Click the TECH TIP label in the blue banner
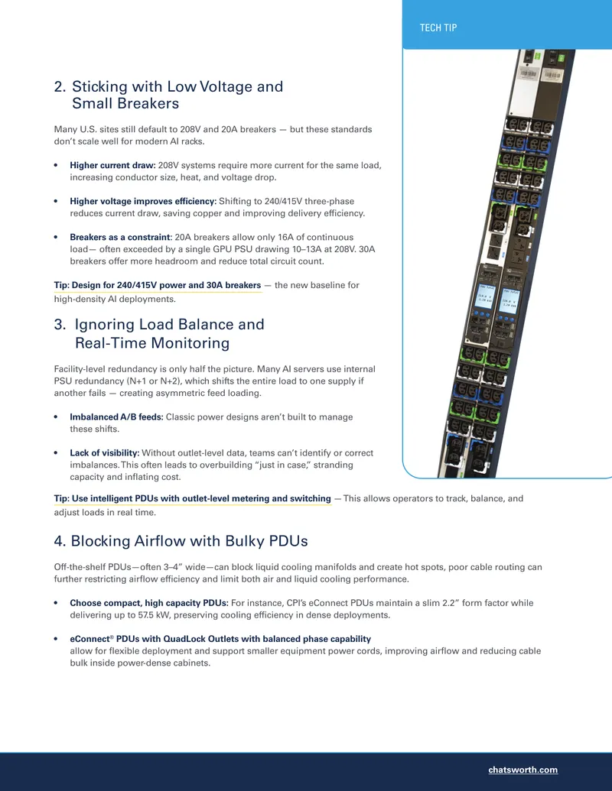(438, 28)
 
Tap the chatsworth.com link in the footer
(522, 770)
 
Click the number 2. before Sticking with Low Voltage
(60, 87)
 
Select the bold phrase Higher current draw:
(112, 166)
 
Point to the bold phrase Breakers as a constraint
(120, 237)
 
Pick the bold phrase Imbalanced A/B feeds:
(116, 417)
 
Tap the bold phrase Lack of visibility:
(105, 453)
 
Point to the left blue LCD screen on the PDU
(483, 297)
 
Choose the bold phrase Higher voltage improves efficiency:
(143, 201)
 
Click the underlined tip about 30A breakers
(158, 286)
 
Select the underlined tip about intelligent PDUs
(192, 499)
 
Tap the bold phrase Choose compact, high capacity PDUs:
(149, 603)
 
